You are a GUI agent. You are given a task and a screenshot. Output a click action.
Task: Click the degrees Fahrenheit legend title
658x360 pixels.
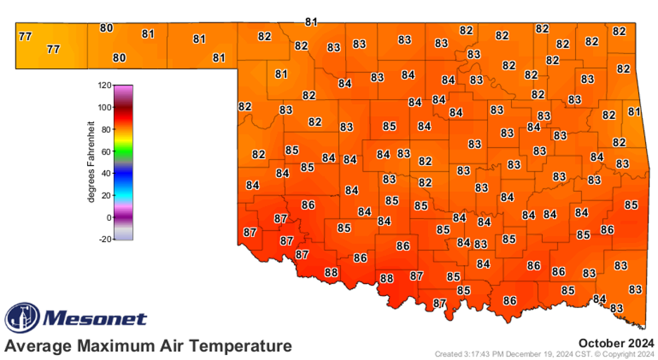click(91, 162)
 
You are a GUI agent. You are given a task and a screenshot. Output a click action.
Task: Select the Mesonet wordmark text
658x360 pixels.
click(96, 319)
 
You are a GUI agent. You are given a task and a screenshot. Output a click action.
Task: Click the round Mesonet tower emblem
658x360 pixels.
click(22, 318)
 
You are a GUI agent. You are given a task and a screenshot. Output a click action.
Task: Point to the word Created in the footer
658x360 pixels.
click(447, 354)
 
